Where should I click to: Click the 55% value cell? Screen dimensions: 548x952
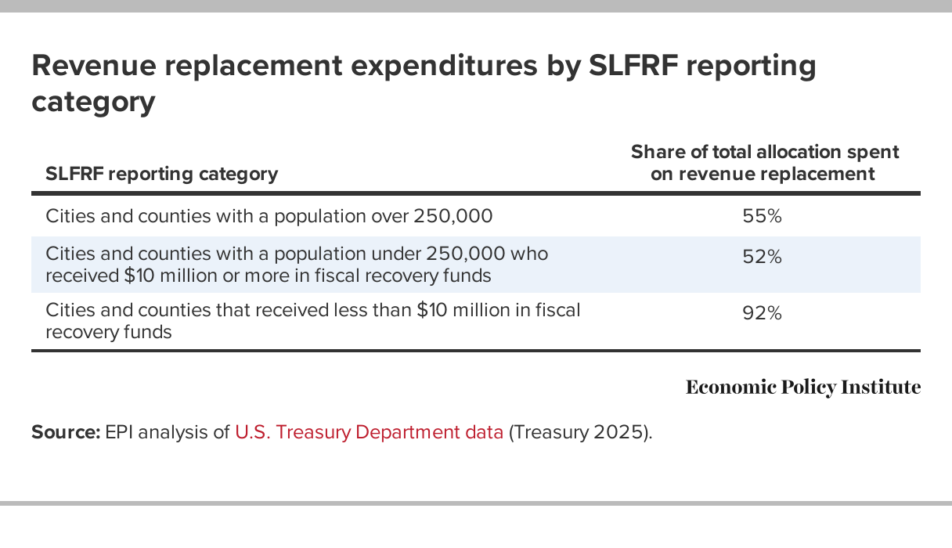[762, 216]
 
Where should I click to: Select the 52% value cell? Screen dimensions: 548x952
[762, 257]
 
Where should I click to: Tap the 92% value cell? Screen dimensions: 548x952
[762, 314]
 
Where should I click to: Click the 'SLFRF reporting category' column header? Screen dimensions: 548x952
[161, 174]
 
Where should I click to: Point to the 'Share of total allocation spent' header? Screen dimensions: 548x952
[764, 152]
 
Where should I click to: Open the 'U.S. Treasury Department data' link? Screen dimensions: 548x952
[369, 432]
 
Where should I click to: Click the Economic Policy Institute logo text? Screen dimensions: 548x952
[802, 387]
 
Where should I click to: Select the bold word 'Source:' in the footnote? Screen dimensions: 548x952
[66, 432]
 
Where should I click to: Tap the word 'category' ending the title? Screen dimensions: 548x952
[93, 103]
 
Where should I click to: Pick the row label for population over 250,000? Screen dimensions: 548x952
[269, 216]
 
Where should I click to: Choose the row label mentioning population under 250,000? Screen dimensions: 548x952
[297, 254]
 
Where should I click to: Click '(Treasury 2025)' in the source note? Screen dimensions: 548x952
[580, 432]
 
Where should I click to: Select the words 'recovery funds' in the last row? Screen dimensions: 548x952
[109, 331]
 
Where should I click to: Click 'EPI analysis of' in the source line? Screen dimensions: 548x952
[168, 432]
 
